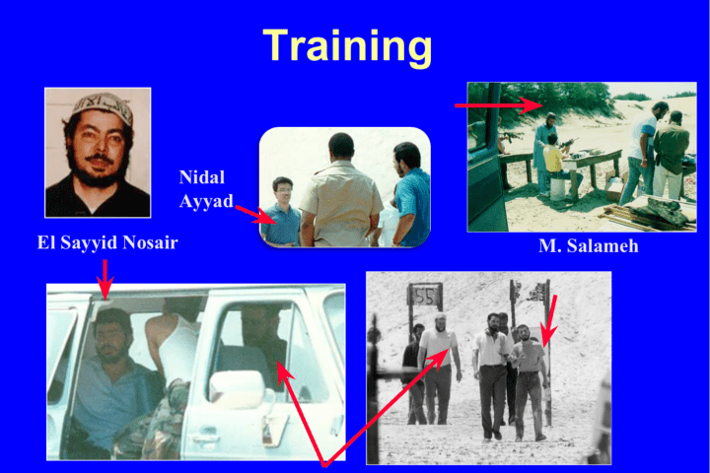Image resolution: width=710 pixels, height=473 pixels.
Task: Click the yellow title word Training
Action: [x=347, y=47]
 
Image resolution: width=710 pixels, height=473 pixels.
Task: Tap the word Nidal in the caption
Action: [x=202, y=177]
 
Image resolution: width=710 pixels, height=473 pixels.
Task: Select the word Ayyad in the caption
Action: [x=206, y=200]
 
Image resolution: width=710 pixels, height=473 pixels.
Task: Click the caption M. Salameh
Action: [x=588, y=245]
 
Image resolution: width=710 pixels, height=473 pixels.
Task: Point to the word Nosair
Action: [x=150, y=242]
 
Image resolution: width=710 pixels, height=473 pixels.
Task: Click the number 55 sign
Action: [x=425, y=297]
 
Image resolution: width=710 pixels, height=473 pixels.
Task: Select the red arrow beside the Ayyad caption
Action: [x=255, y=215]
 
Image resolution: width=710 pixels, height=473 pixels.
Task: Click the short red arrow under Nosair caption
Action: [x=106, y=279]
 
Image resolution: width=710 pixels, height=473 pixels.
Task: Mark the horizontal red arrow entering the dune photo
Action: [x=499, y=105]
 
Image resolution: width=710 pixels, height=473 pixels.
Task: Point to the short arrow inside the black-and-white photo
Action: [x=549, y=320]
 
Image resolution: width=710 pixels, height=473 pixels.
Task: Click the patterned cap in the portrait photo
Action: [x=103, y=106]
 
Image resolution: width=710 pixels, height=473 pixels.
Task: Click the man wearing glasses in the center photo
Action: [x=282, y=211]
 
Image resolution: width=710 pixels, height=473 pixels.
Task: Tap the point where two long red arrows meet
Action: [x=324, y=464]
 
